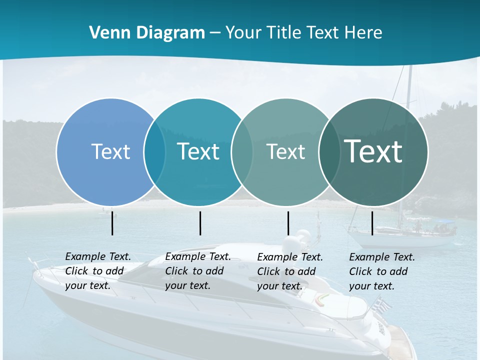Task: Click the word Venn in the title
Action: pyautogui.click(x=106, y=33)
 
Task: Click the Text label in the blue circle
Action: pyautogui.click(x=110, y=151)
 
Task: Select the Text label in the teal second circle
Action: pyautogui.click(x=198, y=151)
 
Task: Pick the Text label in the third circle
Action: pyautogui.click(x=285, y=151)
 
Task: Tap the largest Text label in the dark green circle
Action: pyautogui.click(x=373, y=151)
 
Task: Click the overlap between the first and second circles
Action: pyautogui.click(x=154, y=151)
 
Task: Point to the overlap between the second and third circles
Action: pyautogui.click(x=242, y=151)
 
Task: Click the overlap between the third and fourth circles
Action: pyautogui.click(x=329, y=151)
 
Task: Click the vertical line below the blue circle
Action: pyautogui.click(x=112, y=223)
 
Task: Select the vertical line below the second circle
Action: pyautogui.click(x=200, y=223)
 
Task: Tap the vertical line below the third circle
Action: pyautogui.click(x=288, y=223)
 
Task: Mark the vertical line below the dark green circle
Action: pyautogui.click(x=372, y=223)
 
